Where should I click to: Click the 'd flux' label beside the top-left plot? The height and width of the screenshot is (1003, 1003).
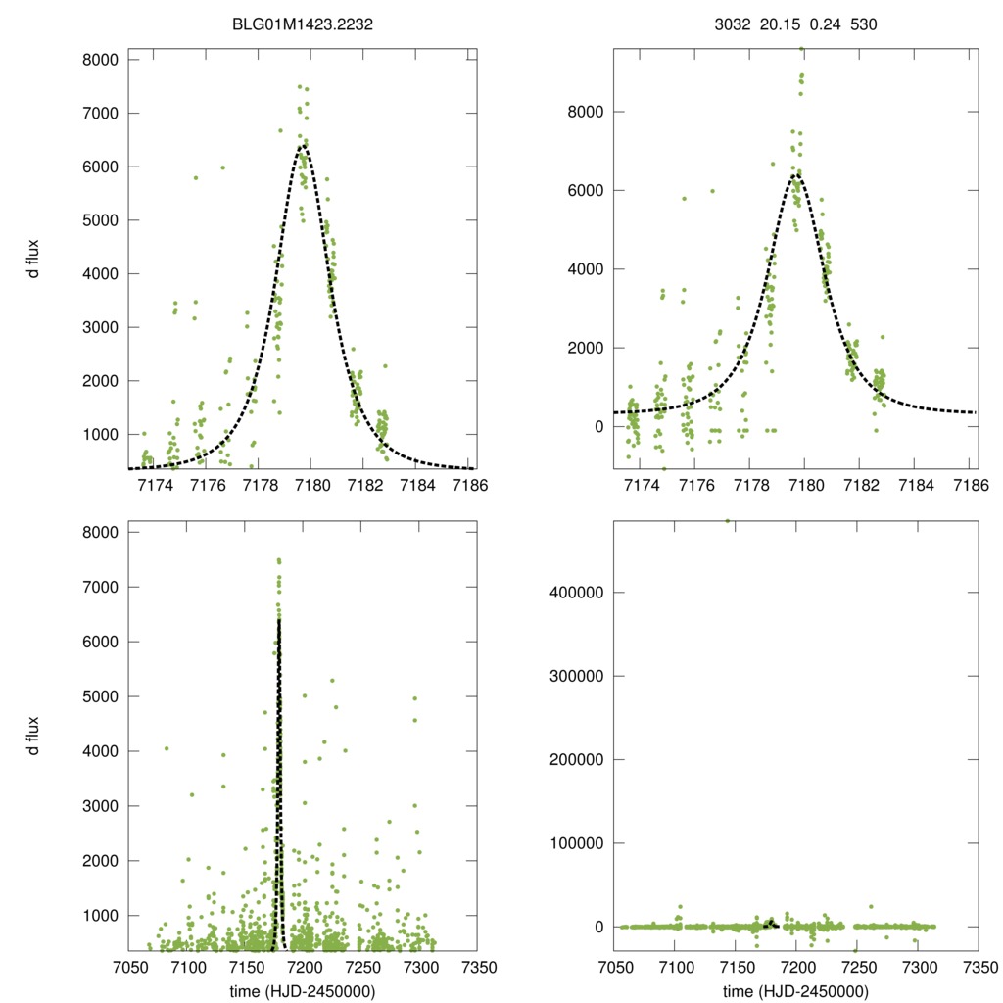tap(34, 263)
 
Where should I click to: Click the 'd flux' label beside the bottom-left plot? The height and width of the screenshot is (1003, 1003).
tap(34, 737)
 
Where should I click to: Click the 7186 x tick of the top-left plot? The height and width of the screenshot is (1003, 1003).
tap(468, 485)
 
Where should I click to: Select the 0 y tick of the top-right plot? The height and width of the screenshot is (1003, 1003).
tap(593, 426)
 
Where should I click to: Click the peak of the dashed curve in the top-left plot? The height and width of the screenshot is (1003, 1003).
tap(302, 146)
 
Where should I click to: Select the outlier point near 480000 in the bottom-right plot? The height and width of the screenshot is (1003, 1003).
tap(727, 521)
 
